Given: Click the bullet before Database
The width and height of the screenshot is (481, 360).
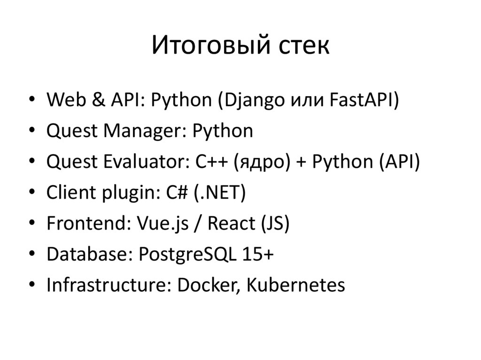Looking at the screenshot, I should (31, 255).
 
